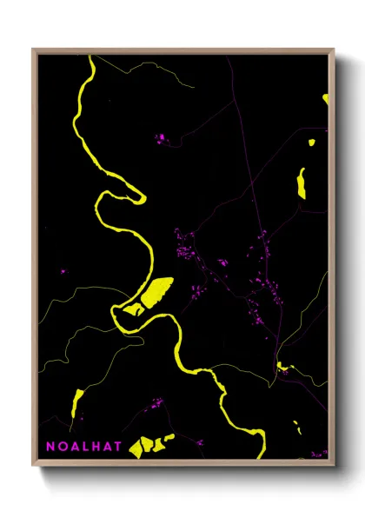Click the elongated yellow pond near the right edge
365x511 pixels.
click(x=302, y=182)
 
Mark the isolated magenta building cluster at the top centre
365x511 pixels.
click(x=160, y=137)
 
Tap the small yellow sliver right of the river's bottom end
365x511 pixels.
click(x=296, y=428)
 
